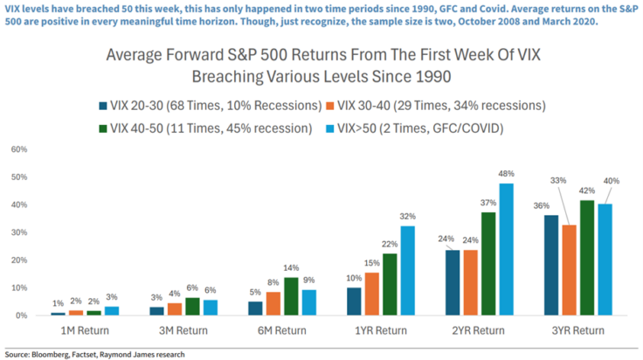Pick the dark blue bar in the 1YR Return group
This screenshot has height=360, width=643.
[x=355, y=301]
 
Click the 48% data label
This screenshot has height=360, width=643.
[x=507, y=173]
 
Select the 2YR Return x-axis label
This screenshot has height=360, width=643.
[x=479, y=330]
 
